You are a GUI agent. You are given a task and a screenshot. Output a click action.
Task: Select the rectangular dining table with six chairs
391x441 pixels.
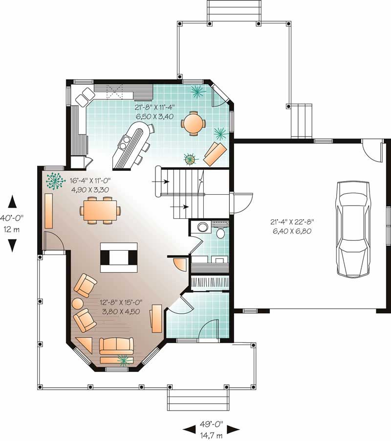(101, 210)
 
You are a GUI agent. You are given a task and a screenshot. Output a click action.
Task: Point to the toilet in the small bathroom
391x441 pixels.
(220, 232)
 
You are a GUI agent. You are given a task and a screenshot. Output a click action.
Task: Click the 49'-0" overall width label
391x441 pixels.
(211, 425)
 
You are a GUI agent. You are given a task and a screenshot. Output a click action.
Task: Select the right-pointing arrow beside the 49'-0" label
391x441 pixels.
(234, 429)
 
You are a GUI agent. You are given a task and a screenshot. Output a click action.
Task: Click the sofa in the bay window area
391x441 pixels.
(116, 346)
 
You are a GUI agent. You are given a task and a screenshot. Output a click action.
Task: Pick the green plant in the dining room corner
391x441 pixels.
(55, 181)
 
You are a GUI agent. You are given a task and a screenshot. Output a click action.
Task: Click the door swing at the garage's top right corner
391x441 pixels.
(374, 150)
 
